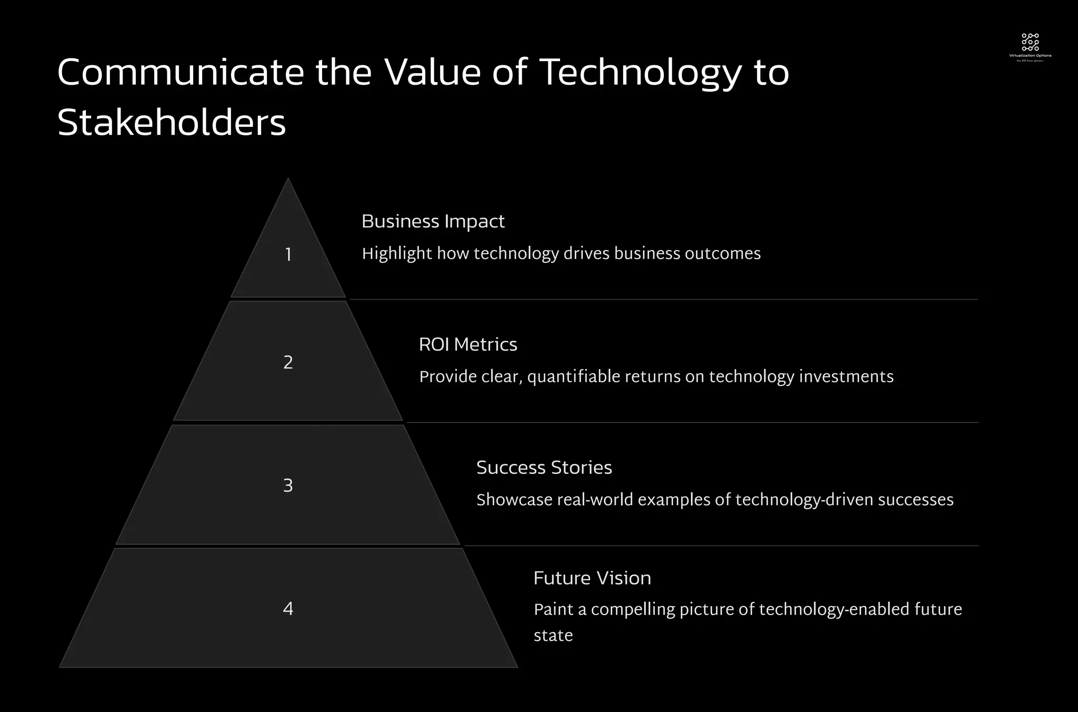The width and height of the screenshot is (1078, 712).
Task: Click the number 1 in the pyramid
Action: pyautogui.click(x=288, y=255)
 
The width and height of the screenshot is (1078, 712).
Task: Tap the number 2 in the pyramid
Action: pyautogui.click(x=288, y=362)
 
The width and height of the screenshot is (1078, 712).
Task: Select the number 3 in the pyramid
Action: pyautogui.click(x=288, y=486)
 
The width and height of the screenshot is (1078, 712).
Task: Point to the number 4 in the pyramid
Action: pyautogui.click(x=288, y=609)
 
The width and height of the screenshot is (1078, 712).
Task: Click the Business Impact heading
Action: pyautogui.click(x=433, y=222)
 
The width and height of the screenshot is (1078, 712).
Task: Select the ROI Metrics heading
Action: pyautogui.click(x=468, y=344)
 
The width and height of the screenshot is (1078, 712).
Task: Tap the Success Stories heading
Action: pyautogui.click(x=544, y=468)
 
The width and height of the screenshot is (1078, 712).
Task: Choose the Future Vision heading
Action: pyautogui.click(x=592, y=578)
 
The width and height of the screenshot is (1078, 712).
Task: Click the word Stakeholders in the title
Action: pyautogui.click(x=172, y=123)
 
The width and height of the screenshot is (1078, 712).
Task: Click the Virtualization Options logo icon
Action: pyautogui.click(x=1030, y=42)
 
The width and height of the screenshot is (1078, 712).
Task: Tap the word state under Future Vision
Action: pyautogui.click(x=553, y=636)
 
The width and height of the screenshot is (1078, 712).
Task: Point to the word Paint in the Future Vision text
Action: pyautogui.click(x=553, y=609)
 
